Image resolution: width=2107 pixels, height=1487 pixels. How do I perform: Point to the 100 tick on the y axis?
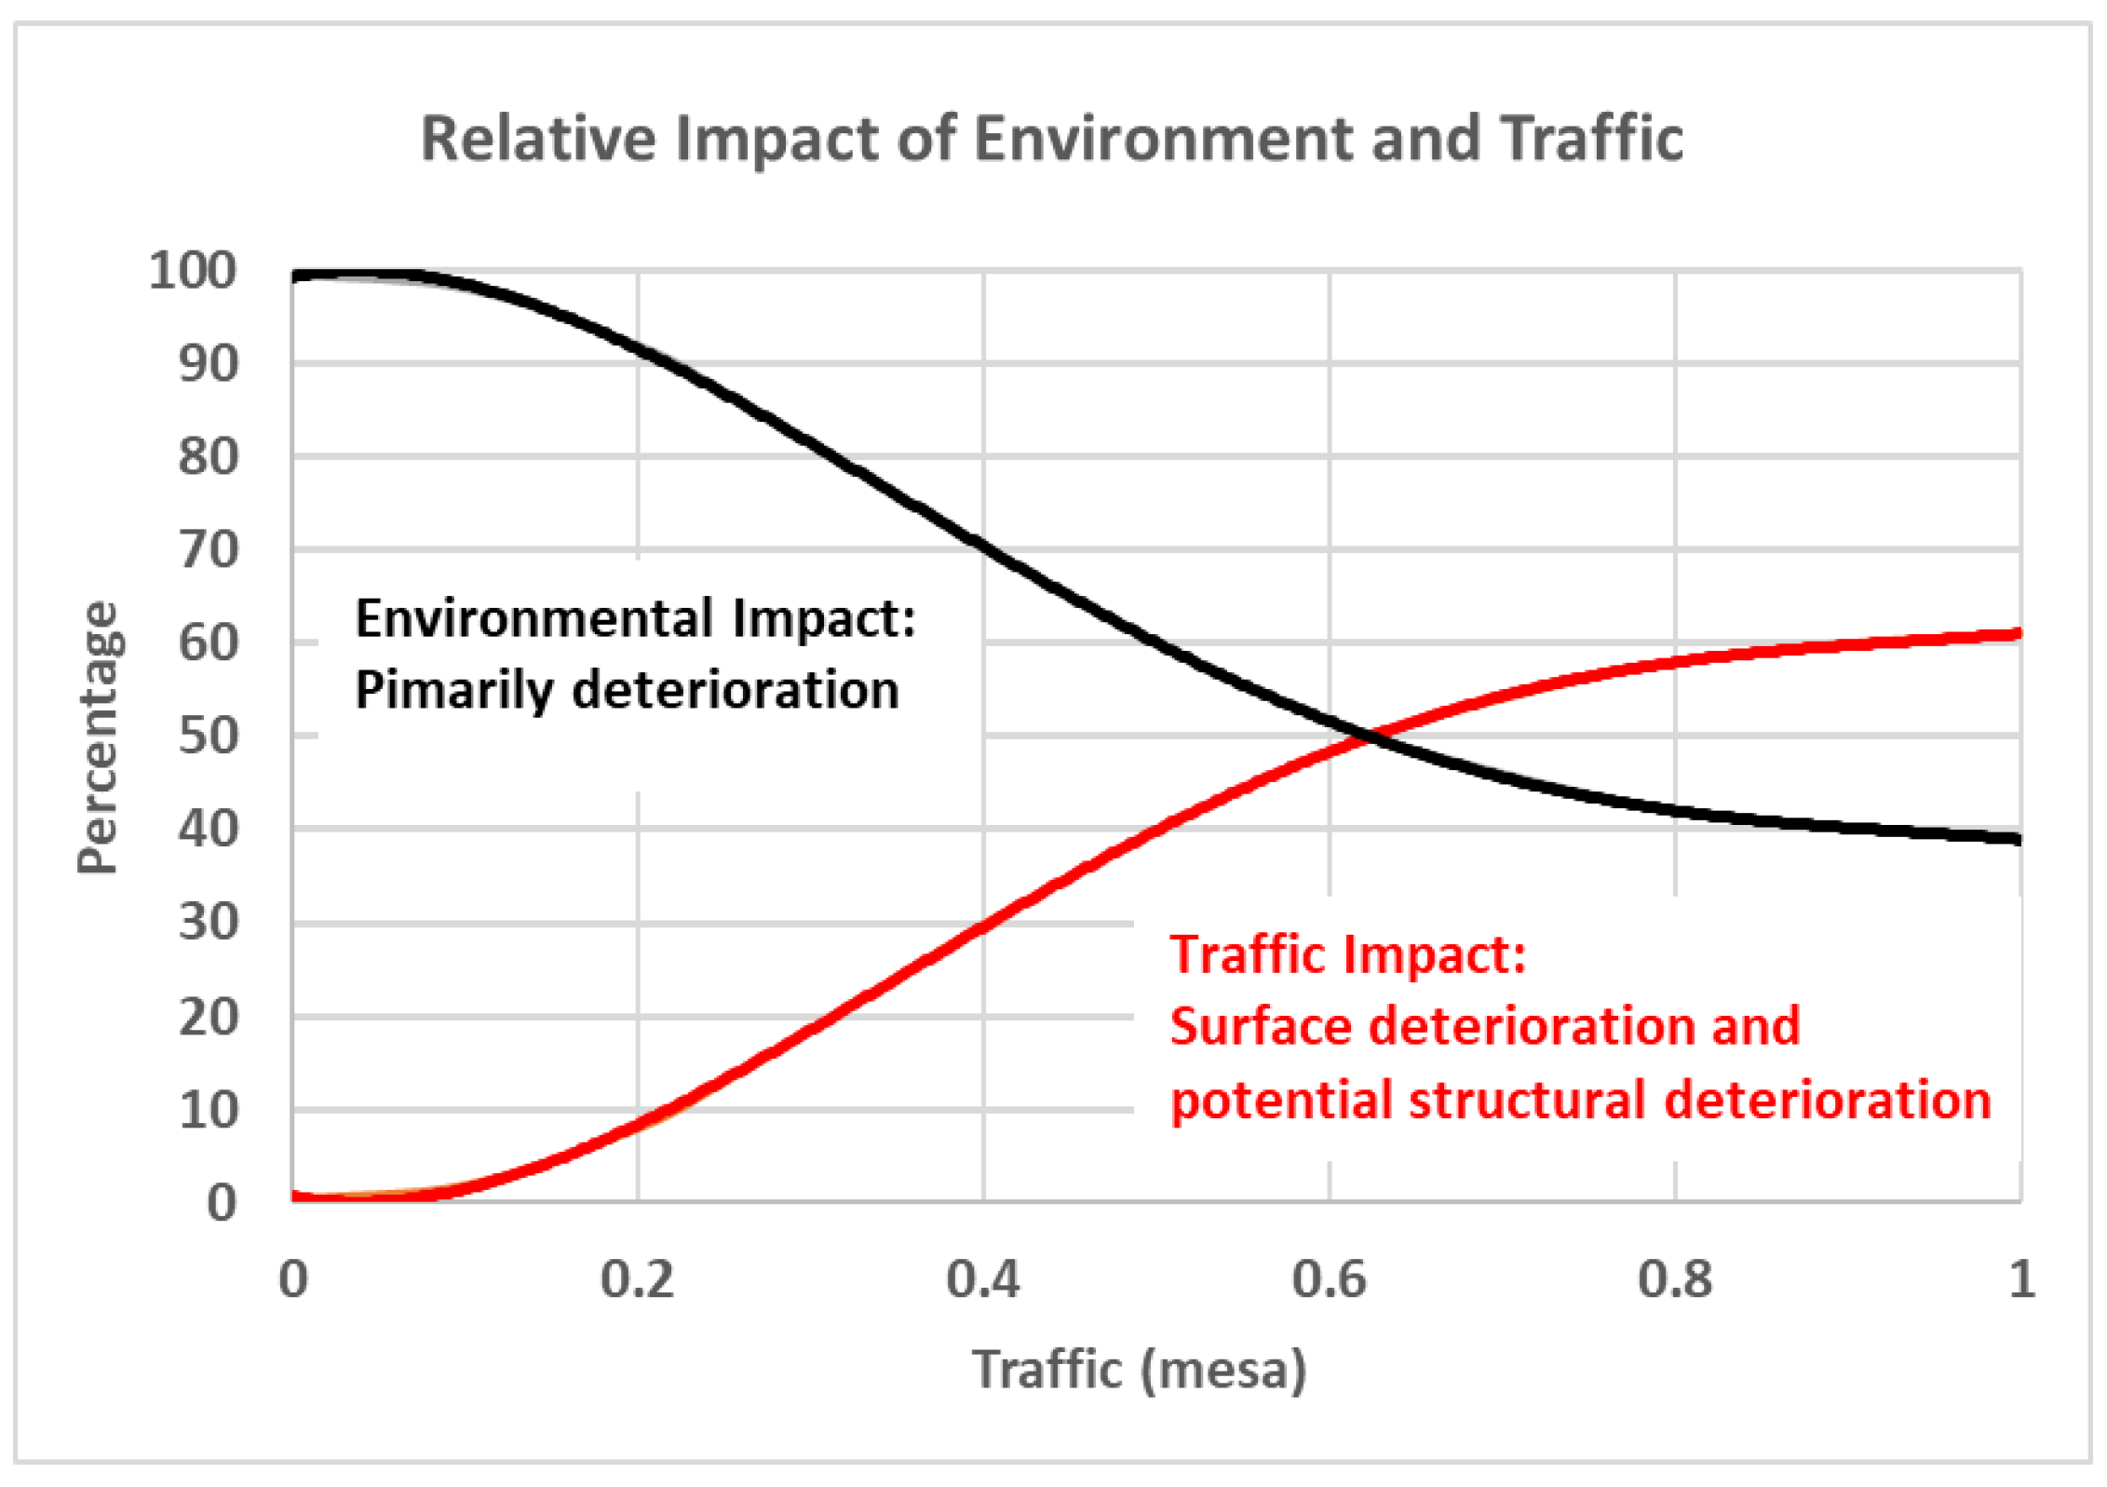click(193, 271)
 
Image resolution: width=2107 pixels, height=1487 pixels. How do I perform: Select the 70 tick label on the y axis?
click(209, 550)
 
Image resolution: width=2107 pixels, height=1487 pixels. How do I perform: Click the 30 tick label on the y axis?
click(209, 923)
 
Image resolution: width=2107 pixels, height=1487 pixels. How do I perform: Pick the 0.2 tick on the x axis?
click(637, 1279)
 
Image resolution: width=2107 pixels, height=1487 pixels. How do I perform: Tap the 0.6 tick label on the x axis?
click(1329, 1279)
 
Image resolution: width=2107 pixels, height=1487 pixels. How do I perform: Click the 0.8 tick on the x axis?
click(1674, 1279)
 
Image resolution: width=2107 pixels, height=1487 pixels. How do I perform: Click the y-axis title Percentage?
click(98, 737)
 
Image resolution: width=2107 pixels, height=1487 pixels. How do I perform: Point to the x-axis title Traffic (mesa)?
click(1140, 1370)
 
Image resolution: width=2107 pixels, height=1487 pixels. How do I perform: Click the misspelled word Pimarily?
click(453, 692)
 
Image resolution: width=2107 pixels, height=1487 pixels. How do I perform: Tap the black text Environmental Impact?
click(635, 618)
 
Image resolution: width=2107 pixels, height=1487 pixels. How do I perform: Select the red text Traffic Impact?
click(1347, 954)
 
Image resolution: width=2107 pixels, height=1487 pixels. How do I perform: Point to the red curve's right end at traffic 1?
click(2017, 634)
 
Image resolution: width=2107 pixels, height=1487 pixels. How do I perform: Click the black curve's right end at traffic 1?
click(2017, 839)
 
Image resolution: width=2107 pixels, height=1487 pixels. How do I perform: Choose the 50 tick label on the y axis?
click(209, 737)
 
